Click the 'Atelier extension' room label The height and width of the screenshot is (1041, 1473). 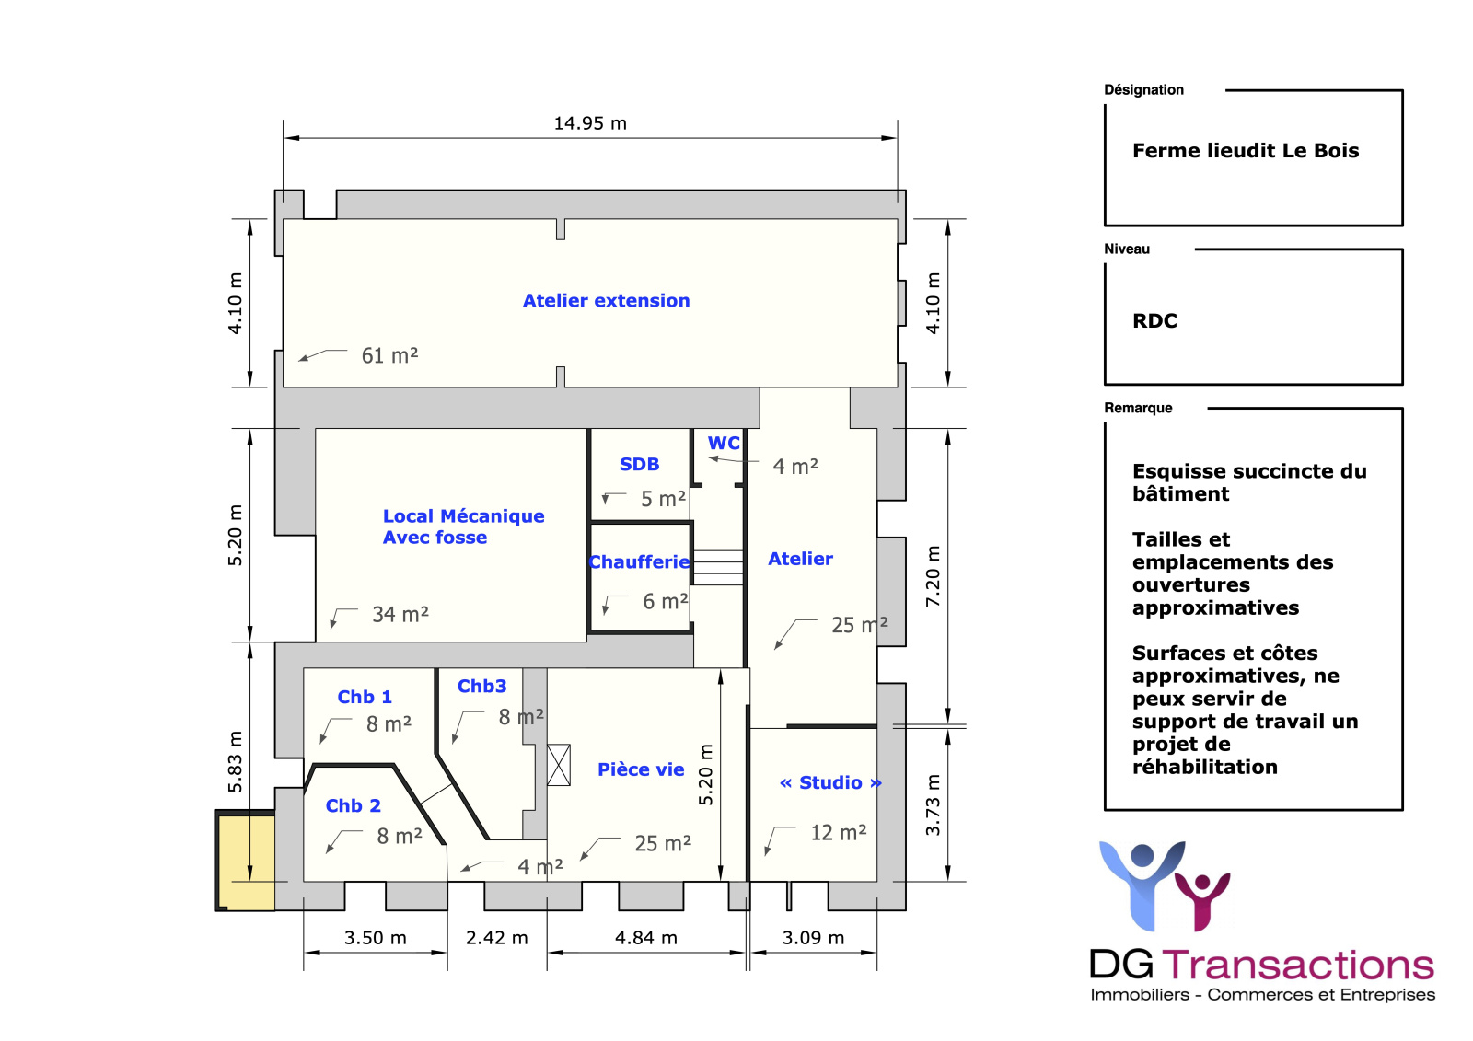pos(606,301)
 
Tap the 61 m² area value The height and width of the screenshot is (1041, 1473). pos(389,356)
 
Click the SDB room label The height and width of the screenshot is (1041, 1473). pos(639,465)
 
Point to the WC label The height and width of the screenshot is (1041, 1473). pos(724,444)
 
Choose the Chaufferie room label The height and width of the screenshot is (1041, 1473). pos(640,562)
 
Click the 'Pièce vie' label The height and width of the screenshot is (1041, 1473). pos(641,770)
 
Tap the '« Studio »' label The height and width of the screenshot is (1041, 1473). pos(830,783)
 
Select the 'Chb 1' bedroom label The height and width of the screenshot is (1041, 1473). pos(365,698)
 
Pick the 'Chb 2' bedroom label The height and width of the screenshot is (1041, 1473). pos(353,806)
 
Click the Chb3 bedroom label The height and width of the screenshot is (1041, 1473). pos(481,687)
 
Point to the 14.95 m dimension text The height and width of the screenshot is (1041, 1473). pos(590,123)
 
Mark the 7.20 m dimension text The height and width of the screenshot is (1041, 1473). pos(934,576)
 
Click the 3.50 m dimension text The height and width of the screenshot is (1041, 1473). pos(375,938)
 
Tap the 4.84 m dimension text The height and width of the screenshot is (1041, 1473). pos(645,938)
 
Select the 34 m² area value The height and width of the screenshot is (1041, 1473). pos(400,615)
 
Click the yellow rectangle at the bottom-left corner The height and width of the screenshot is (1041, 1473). pos(247,863)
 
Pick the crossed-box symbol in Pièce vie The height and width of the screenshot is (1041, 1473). pos(559,765)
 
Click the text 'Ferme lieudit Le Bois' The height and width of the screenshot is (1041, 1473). pos(1245,151)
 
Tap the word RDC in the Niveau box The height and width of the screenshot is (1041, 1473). pos(1154,321)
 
